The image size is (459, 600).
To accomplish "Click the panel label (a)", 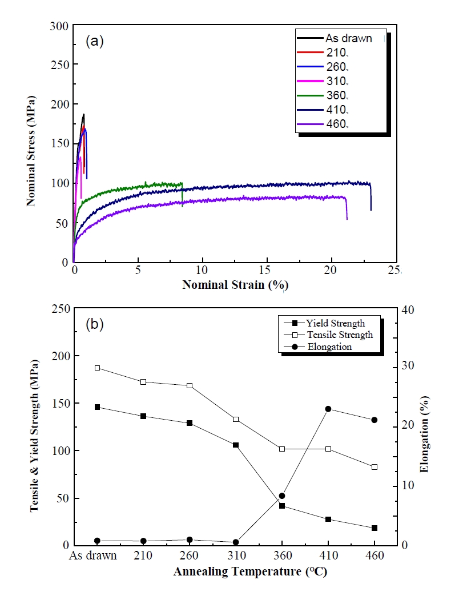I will pyautogui.click(x=95, y=41).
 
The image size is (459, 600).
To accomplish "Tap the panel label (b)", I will pyautogui.click(x=95, y=324).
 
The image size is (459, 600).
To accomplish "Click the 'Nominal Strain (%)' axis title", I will pyautogui.click(x=235, y=284).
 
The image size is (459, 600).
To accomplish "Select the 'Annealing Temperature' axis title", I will pyautogui.click(x=235, y=571).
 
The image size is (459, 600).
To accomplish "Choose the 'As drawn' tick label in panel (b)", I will pyautogui.click(x=93, y=555).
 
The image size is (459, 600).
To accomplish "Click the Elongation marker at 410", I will pyautogui.click(x=328, y=409).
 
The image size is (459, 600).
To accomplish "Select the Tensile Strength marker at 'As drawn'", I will pyautogui.click(x=98, y=368).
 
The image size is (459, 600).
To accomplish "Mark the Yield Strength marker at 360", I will pyautogui.click(x=282, y=506).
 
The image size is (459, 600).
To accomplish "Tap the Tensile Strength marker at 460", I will pyautogui.click(x=375, y=467).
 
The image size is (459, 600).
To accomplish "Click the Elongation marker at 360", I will pyautogui.click(x=282, y=496).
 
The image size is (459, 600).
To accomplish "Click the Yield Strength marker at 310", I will pyautogui.click(x=236, y=445).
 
